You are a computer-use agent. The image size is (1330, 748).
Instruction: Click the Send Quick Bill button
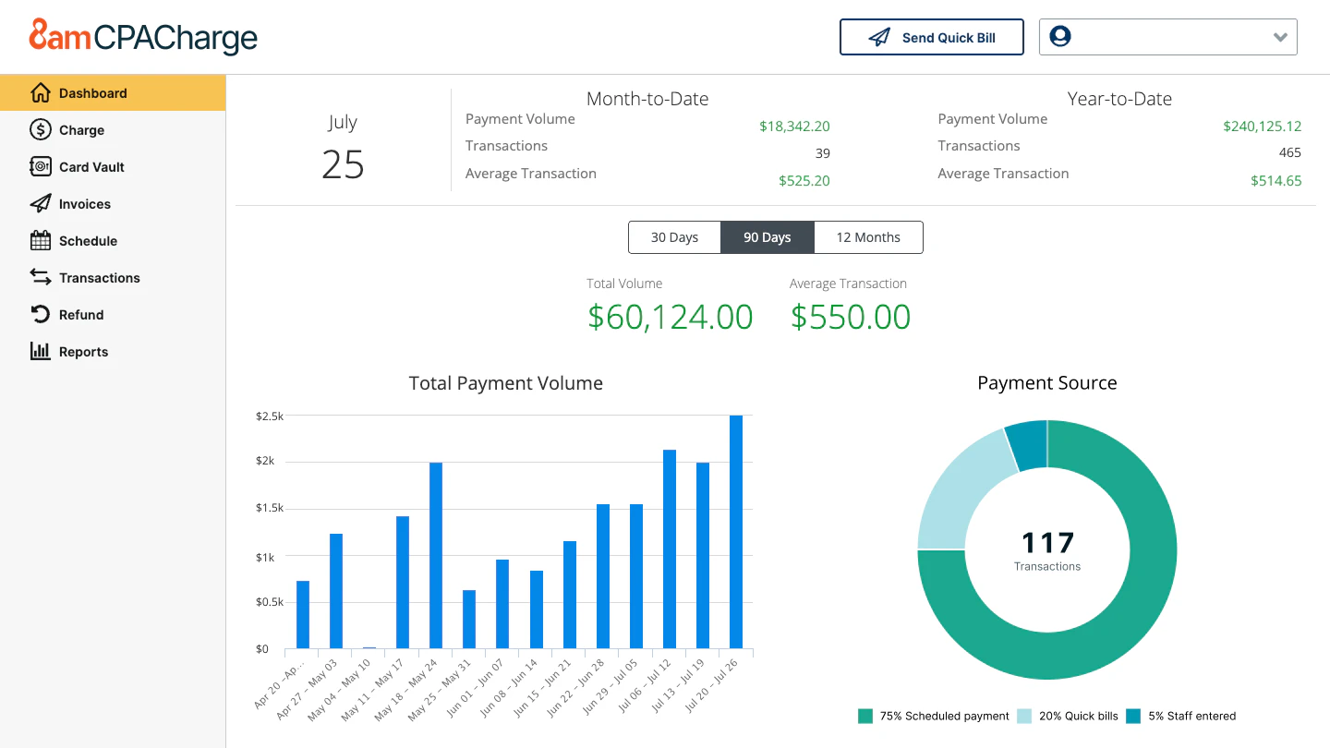tap(931, 38)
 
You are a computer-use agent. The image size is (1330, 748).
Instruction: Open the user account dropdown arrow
tap(1280, 38)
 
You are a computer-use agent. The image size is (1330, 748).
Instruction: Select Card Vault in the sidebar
tap(91, 167)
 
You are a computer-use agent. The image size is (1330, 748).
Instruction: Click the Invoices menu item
tap(84, 204)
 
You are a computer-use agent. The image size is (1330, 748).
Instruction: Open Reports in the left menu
tap(83, 352)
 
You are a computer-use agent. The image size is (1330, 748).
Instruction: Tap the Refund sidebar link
tap(80, 315)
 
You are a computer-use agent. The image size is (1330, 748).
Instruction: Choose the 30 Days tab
tap(674, 237)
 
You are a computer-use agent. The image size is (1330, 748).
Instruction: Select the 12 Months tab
tap(868, 237)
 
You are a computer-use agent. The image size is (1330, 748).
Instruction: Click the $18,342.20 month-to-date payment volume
tap(794, 127)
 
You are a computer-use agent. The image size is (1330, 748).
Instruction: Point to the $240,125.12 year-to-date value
tap(1262, 127)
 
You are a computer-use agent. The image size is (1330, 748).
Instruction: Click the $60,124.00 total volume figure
tap(671, 317)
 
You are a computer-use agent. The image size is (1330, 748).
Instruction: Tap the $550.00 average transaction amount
tap(851, 317)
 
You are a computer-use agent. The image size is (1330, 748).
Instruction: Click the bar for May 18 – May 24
tap(436, 555)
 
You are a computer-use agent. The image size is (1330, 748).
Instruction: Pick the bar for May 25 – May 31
tap(469, 619)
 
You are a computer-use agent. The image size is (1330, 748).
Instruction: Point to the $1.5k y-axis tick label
tap(271, 509)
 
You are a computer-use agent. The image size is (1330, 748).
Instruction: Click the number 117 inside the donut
tap(1047, 542)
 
